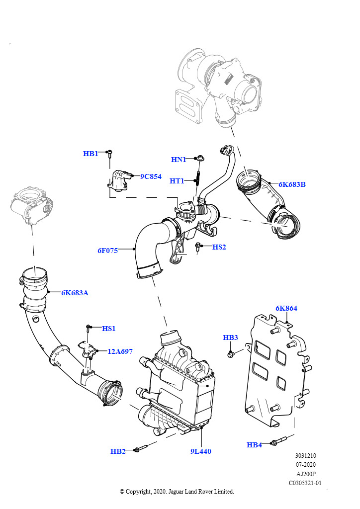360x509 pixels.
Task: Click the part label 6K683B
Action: tap(292, 184)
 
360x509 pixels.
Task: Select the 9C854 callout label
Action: tap(151, 176)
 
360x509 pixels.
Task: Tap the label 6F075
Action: tap(107, 251)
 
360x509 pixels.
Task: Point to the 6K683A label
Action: tap(75, 293)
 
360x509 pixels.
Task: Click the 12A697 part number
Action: tap(120, 351)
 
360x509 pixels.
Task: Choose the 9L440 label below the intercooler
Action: tap(200, 451)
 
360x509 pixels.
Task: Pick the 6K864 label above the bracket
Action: tap(286, 308)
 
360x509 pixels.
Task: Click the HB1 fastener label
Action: tap(90, 154)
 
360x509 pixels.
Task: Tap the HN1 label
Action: tap(179, 160)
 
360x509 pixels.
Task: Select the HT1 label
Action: tap(177, 181)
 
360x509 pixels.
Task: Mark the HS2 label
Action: tap(219, 247)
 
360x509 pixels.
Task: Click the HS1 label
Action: tap(109, 329)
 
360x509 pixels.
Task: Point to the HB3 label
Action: tap(230, 338)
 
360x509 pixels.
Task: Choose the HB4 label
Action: tap(254, 445)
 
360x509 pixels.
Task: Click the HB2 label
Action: tap(118, 451)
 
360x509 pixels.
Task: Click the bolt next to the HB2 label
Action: tap(141, 449)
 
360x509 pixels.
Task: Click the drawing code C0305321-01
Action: tap(305, 483)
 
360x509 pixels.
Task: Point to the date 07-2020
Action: tap(305, 465)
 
